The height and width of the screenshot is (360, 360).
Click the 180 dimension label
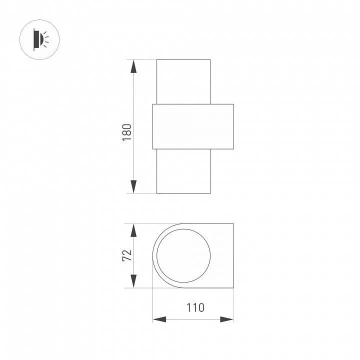point(126,132)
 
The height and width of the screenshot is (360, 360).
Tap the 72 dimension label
point(126,255)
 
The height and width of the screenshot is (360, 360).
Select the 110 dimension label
point(195,307)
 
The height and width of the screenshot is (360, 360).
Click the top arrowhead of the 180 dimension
point(133,66)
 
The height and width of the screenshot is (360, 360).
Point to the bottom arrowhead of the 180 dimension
point(133,186)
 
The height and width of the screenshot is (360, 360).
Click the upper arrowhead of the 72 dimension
point(133,230)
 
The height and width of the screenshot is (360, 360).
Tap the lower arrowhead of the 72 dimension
point(133,281)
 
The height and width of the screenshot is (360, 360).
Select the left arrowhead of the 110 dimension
point(159,319)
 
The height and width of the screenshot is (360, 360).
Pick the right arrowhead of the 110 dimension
point(227,319)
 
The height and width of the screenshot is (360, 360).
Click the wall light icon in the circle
point(39,39)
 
